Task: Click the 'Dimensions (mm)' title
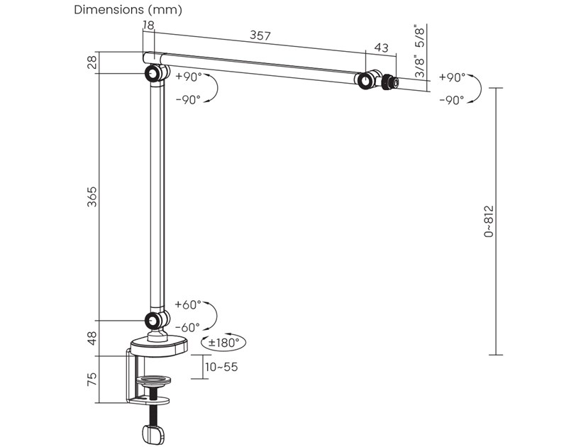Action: point(128,10)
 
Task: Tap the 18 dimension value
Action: point(148,25)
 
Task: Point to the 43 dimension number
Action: point(381,48)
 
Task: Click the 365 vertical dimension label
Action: point(91,197)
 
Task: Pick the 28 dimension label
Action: point(91,62)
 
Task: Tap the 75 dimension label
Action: point(91,379)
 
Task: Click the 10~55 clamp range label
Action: point(221,367)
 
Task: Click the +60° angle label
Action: point(188,304)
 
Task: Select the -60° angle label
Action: point(188,327)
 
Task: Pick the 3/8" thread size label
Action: point(420,67)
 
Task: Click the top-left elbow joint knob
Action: point(153,74)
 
